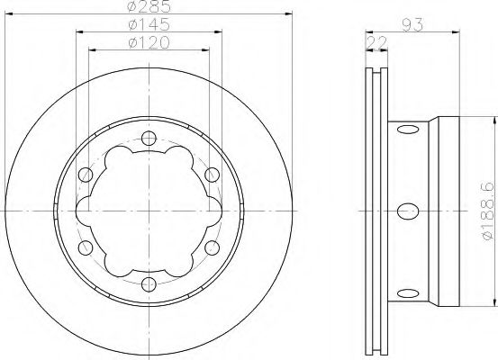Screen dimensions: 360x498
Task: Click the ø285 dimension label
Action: point(149,8)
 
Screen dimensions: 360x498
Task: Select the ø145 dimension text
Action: point(149,24)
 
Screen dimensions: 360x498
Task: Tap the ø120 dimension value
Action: point(149,41)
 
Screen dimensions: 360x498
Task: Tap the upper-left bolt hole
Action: point(86,175)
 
